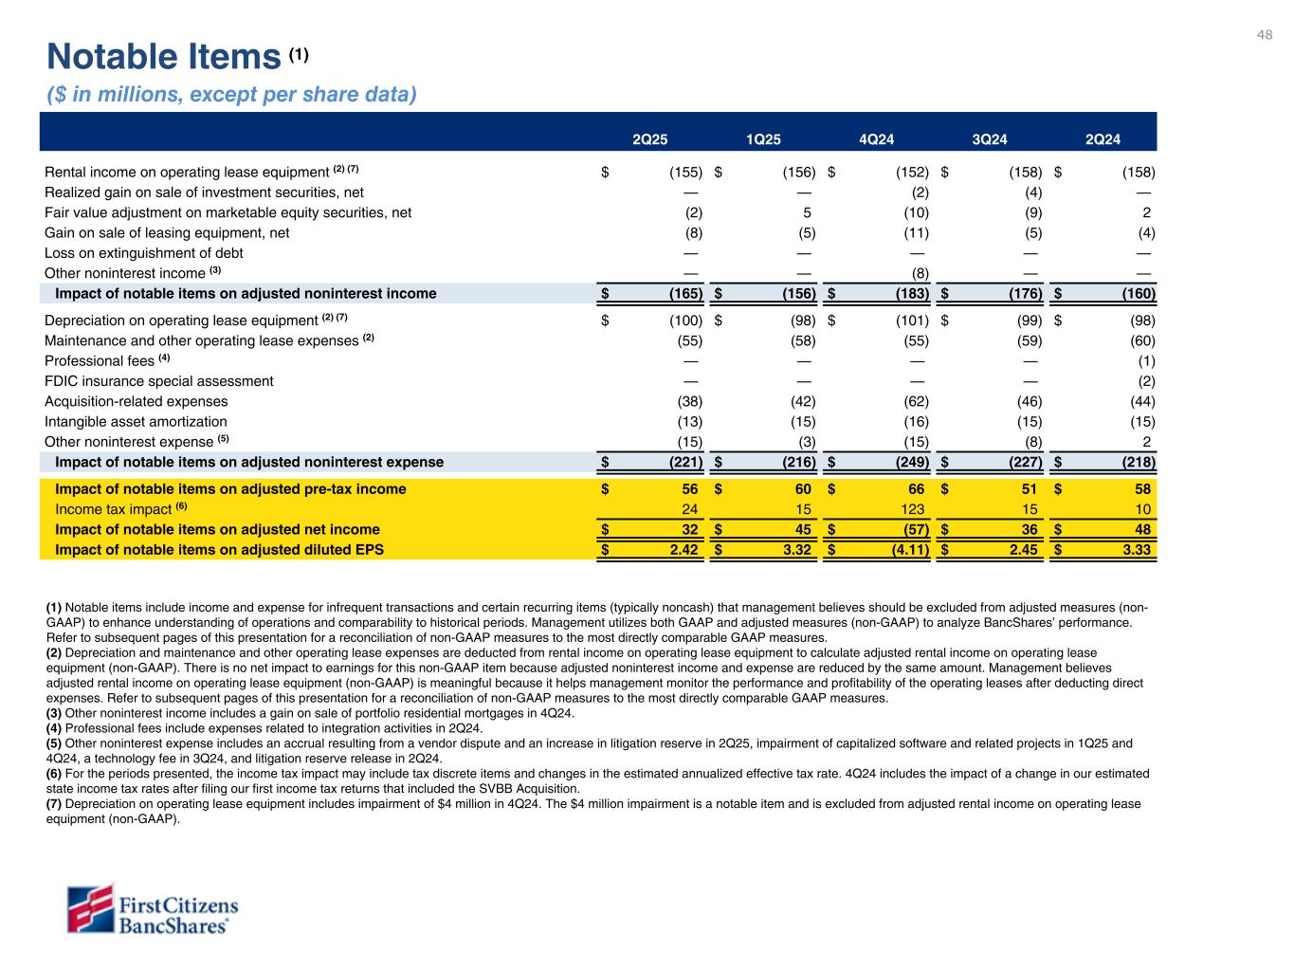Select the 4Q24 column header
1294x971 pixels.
[876, 140]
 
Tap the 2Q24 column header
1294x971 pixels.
[1103, 140]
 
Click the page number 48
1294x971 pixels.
[1265, 35]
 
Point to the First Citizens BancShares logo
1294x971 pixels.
[153, 909]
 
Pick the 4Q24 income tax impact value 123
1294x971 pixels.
[912, 509]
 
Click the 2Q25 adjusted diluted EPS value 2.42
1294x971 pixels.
[683, 549]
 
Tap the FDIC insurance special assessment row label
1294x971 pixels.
[159, 381]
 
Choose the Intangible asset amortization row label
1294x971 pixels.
[136, 422]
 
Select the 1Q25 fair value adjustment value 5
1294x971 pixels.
[807, 212]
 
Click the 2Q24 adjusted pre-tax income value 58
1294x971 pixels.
[1142, 489]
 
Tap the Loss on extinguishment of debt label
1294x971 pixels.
[144, 253]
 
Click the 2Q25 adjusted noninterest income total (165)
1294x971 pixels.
[683, 294]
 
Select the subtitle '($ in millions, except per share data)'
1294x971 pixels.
[232, 95]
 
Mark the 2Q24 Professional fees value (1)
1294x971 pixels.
[1146, 361]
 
